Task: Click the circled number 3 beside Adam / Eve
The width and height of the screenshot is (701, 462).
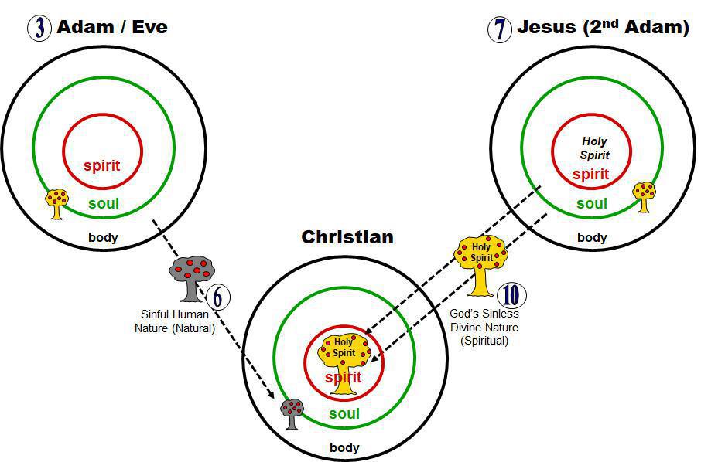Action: [39, 28]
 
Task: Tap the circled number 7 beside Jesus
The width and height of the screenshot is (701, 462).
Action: [499, 29]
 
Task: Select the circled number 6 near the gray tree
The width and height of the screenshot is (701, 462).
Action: [217, 297]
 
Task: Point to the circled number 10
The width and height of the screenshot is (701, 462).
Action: [511, 295]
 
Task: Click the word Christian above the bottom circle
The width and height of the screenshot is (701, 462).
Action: [347, 237]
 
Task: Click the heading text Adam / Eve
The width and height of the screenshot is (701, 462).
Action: [112, 27]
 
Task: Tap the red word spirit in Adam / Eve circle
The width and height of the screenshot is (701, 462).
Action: [102, 165]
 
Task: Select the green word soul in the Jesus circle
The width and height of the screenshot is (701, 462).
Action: [592, 203]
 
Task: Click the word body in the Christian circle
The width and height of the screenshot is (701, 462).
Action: [344, 447]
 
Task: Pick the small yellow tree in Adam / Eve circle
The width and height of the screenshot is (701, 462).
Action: [56, 203]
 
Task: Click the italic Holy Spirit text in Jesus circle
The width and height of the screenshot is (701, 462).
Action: [594, 148]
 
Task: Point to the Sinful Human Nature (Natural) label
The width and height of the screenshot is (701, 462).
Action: [175, 321]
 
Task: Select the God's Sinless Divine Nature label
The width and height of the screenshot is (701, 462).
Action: [484, 328]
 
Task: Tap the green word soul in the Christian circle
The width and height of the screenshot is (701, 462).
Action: [344, 413]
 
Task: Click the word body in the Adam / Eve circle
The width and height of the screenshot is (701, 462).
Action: [103, 237]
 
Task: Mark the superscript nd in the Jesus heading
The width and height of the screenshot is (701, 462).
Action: [610, 22]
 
